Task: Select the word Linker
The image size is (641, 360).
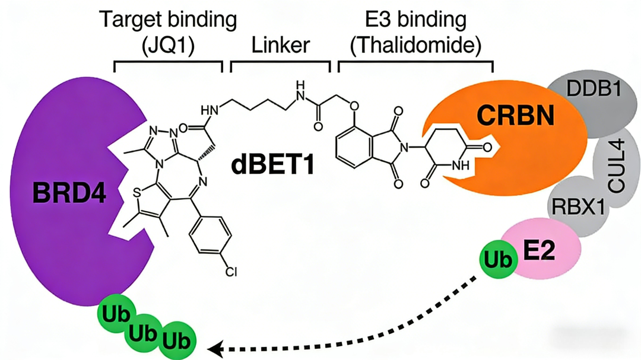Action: click(280, 44)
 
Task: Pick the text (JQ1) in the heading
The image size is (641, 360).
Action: click(168, 44)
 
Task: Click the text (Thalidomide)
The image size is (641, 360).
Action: click(415, 44)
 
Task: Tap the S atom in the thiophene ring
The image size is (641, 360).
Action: click(137, 192)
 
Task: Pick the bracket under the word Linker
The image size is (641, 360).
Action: click(280, 63)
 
